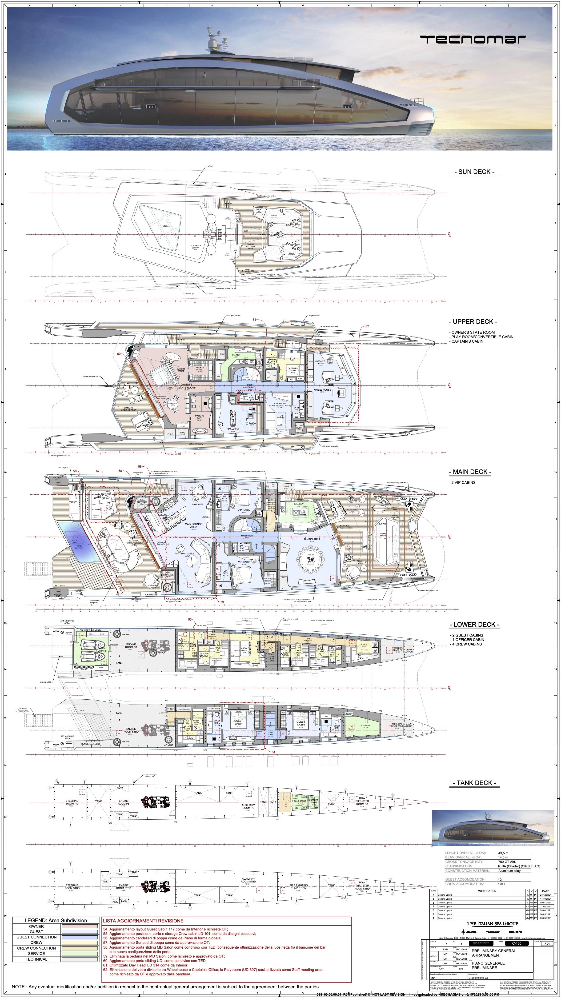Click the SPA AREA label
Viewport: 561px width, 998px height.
232,429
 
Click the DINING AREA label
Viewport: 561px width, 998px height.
312,539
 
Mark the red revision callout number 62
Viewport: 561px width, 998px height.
367,326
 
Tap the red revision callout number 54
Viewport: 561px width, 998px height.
273,752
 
